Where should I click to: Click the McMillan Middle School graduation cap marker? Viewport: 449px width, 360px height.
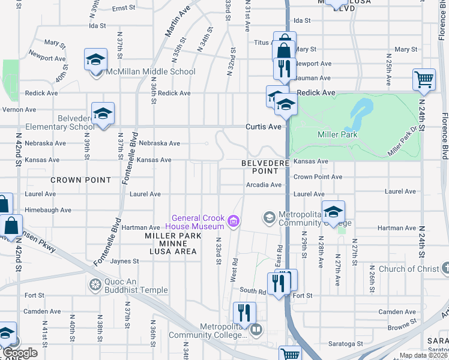[95, 61]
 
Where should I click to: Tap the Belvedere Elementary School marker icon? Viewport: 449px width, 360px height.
[103, 114]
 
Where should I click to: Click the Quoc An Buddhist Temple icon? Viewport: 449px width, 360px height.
[94, 284]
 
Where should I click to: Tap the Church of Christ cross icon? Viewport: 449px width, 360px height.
[444, 268]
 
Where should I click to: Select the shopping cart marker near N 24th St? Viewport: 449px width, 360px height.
[424, 79]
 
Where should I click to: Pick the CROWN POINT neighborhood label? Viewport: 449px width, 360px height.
[80, 180]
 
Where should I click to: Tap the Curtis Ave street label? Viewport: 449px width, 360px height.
[263, 127]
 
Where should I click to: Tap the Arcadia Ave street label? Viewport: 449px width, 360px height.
[264, 185]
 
